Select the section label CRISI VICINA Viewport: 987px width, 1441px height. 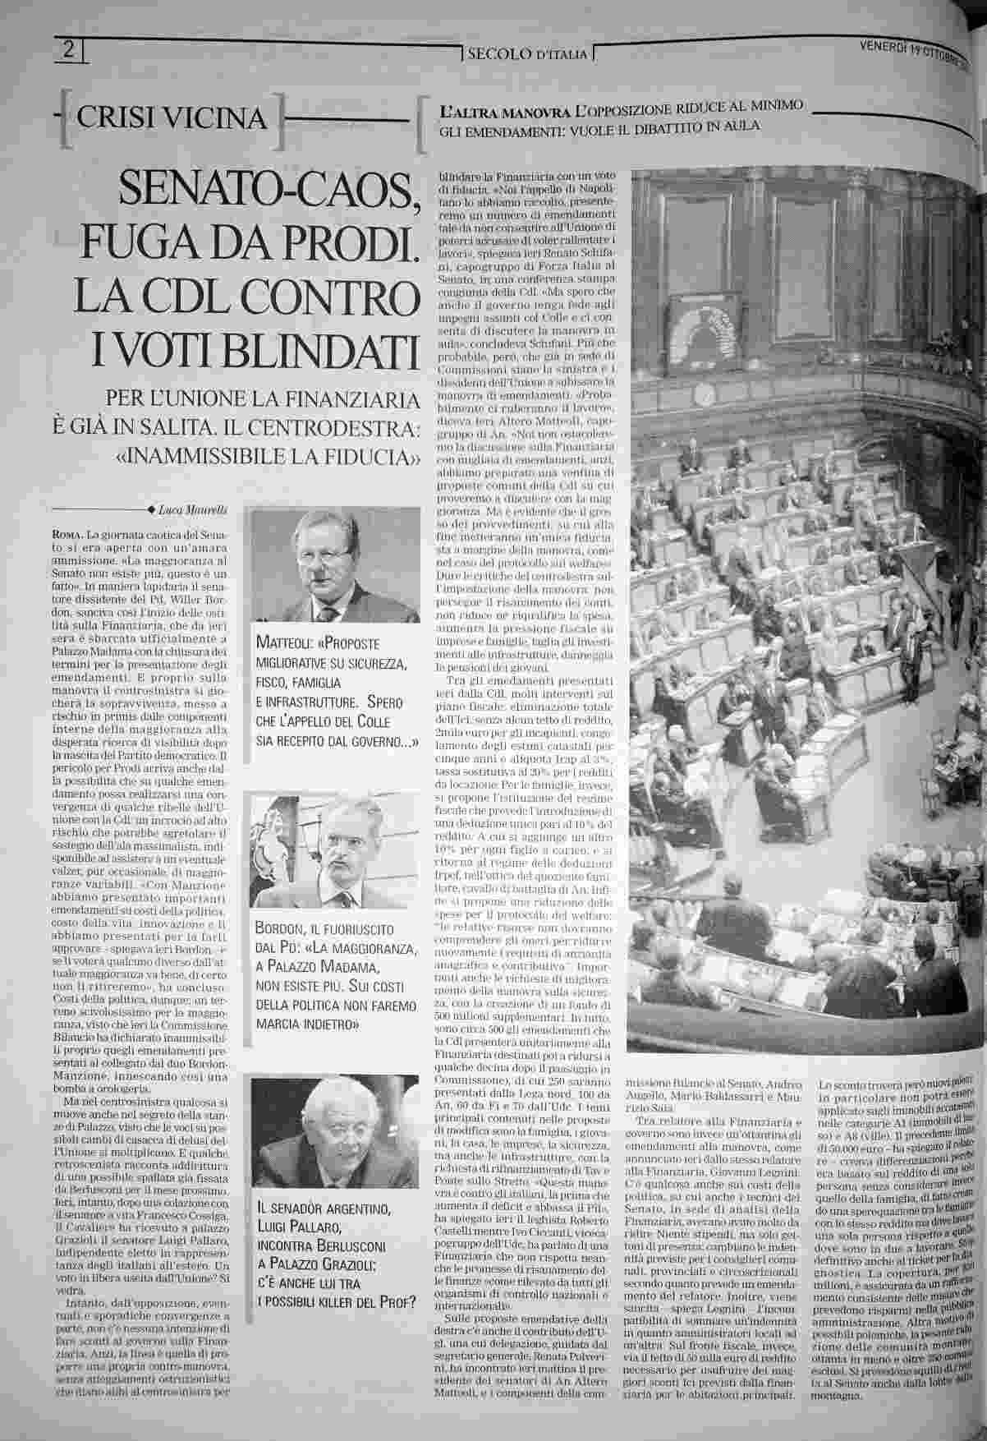[172, 119]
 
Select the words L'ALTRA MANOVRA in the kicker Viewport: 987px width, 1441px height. [506, 109]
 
